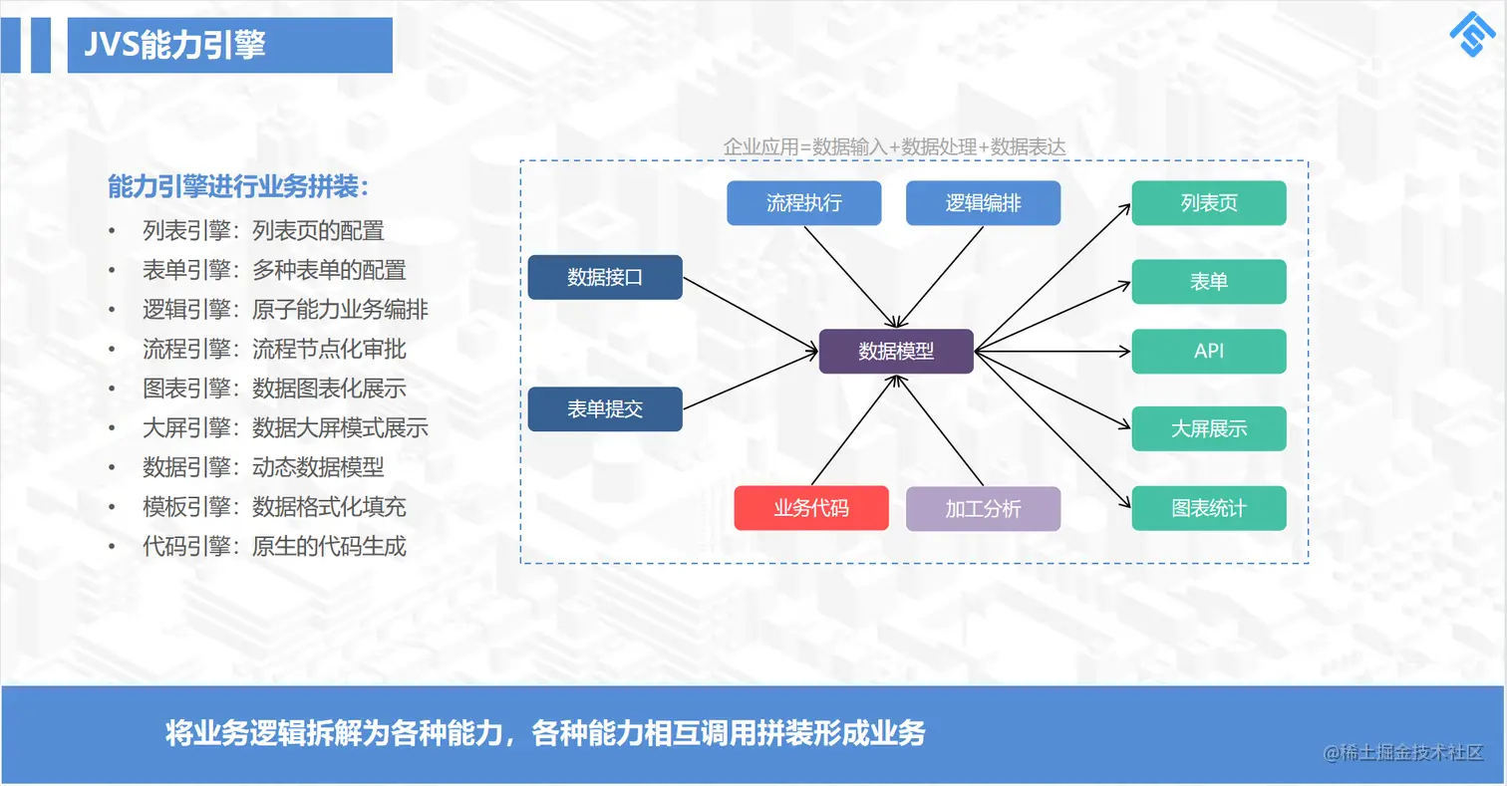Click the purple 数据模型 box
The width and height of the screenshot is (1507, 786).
click(896, 351)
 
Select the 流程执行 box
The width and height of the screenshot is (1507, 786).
click(804, 203)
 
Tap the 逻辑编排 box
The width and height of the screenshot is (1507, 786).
click(983, 203)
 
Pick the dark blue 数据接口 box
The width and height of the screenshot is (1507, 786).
click(605, 277)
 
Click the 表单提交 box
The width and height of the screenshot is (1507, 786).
click(605, 408)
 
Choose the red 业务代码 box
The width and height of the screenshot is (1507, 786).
click(811, 508)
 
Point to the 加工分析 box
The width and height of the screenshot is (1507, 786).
click(983, 508)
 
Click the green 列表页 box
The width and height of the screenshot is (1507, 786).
click(1209, 203)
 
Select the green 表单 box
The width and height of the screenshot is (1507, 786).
click(1209, 281)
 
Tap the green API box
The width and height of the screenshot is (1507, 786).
click(1209, 351)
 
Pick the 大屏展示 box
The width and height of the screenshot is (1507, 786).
click(1209, 429)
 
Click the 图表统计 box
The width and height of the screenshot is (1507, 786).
click(1209, 508)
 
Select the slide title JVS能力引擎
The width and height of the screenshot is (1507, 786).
click(175, 45)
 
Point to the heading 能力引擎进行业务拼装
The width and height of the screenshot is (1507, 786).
click(239, 186)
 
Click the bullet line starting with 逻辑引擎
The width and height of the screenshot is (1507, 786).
click(285, 310)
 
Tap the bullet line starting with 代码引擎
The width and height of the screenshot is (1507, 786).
click(274, 546)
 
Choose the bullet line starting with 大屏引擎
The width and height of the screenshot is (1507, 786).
click(285, 428)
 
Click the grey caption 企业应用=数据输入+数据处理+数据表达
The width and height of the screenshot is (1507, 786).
click(894, 146)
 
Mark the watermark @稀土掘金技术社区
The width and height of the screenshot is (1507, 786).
click(1403, 753)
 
